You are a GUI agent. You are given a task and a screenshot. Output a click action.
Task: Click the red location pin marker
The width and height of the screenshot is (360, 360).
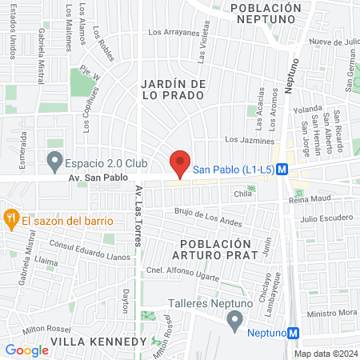click(x=181, y=163)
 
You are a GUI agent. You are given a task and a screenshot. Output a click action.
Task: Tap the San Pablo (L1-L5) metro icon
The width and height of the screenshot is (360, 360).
click(x=293, y=170)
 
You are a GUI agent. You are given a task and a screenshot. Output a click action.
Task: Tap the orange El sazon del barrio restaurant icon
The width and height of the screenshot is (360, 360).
click(x=11, y=217)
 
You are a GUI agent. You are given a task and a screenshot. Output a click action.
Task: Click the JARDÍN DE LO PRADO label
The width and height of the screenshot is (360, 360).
click(x=174, y=89)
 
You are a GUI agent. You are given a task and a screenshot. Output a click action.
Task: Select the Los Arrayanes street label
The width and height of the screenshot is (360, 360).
click(x=174, y=34)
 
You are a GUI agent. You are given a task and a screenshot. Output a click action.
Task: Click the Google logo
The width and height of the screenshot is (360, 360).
click(x=26, y=350)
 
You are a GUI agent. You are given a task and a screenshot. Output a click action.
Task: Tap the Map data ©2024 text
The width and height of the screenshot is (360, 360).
click(x=326, y=354)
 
